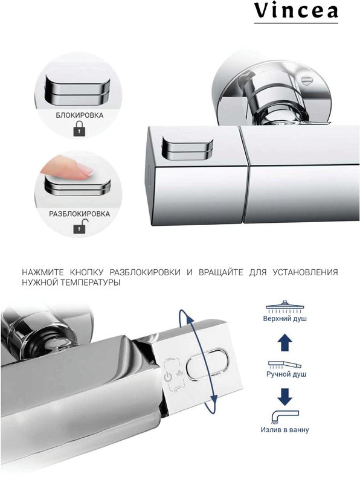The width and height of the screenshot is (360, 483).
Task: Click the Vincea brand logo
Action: click(296, 12)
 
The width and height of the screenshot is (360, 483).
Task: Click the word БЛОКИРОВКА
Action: click(80, 115)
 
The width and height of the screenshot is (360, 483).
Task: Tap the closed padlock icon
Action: click(80, 129)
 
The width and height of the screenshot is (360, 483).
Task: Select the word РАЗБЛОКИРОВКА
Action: click(80, 214)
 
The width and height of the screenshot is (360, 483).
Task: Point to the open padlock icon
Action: click(81, 226)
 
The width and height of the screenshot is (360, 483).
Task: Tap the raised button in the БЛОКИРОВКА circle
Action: click(77, 88)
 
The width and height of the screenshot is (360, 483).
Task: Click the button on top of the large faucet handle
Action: click(187, 147)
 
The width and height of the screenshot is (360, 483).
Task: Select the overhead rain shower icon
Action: click(284, 306)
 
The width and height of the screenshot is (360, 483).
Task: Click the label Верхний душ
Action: click(284, 319)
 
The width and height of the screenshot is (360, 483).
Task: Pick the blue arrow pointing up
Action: click(284, 342)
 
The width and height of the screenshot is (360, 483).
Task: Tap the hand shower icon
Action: click(284, 365)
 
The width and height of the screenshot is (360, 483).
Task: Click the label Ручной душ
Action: click(286, 374)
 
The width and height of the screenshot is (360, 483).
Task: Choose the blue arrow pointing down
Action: click(284, 397)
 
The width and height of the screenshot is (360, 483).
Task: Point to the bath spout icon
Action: click(284, 417)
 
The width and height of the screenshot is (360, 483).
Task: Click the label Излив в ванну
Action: click(284, 429)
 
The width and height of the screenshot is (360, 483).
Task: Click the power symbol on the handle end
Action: click(168, 377)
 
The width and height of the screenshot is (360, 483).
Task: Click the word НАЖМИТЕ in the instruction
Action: click(43, 272)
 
